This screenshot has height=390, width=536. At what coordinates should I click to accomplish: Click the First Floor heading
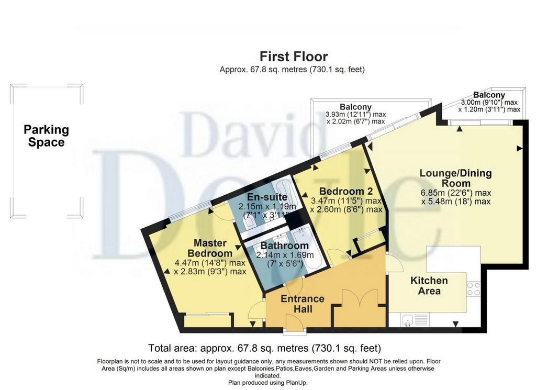click(x=294, y=57)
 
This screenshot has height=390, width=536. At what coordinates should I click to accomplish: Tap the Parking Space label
click(x=46, y=136)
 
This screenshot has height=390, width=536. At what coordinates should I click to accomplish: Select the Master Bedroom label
click(x=210, y=248)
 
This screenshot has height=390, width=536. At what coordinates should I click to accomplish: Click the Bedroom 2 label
click(x=345, y=191)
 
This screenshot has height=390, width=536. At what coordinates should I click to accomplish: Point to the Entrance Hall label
click(x=303, y=304)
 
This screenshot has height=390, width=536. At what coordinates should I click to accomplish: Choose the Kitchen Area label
click(x=429, y=286)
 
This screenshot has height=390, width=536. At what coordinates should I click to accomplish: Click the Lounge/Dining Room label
click(x=456, y=178)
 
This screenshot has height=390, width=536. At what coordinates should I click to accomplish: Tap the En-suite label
click(x=267, y=197)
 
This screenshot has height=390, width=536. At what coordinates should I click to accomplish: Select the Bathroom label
click(x=284, y=246)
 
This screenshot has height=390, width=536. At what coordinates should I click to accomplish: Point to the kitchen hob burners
click(x=473, y=288)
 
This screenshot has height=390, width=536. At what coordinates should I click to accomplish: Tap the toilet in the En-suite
click(x=248, y=224)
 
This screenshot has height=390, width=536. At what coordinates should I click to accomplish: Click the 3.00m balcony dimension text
click(x=489, y=106)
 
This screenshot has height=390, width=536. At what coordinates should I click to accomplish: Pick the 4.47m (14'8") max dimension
click(x=210, y=263)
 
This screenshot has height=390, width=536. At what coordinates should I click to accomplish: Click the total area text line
click(x=264, y=348)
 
